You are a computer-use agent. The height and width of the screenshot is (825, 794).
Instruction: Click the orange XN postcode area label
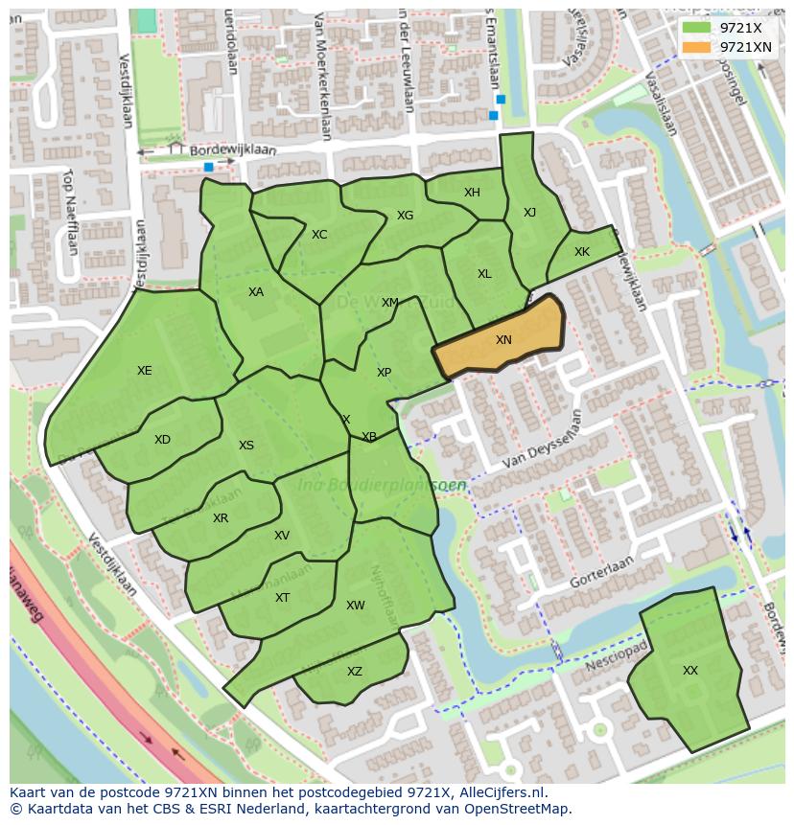[x=503, y=340]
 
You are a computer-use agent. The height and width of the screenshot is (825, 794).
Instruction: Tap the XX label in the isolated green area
[x=690, y=671]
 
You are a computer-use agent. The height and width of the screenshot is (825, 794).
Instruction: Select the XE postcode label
[x=144, y=371]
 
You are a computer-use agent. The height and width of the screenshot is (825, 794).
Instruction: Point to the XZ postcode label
[x=355, y=672]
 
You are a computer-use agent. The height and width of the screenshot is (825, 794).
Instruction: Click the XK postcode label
[x=582, y=252]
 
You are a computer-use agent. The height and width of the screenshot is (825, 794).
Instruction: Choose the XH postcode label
[x=472, y=193]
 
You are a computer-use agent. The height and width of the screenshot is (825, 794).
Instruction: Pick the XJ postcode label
[x=529, y=213]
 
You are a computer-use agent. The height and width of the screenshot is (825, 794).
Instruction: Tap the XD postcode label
[x=162, y=440]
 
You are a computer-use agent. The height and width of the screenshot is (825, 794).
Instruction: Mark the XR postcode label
[x=221, y=518]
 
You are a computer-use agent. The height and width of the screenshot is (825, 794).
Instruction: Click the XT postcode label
[x=282, y=598]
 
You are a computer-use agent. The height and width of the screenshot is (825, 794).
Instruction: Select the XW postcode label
[x=356, y=606]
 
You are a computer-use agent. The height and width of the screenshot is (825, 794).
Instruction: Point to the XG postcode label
[x=405, y=216]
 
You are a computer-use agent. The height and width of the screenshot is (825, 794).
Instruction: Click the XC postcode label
[x=319, y=235]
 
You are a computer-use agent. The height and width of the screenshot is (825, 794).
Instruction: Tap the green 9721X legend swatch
[x=696, y=28]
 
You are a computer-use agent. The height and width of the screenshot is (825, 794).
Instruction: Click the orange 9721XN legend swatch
[x=696, y=47]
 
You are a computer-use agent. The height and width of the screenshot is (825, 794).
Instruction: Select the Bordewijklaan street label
[x=233, y=151]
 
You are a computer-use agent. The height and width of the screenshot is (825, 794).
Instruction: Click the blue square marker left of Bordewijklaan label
[x=208, y=167]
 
